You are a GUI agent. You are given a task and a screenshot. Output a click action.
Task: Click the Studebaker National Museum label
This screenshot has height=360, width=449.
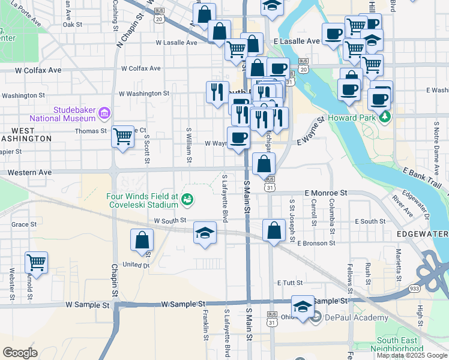(x=75, y=114)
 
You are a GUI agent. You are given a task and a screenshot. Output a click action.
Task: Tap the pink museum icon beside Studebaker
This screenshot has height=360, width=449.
(x=104, y=112)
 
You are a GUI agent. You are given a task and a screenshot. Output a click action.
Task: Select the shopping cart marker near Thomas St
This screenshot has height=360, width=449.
(x=122, y=136)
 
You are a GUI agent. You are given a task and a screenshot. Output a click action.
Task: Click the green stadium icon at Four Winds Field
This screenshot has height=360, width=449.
(x=188, y=199)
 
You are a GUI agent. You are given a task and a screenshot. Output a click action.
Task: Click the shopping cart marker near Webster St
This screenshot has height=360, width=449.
(x=36, y=262)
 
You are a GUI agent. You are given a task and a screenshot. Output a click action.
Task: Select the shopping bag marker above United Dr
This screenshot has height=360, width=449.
(x=141, y=240)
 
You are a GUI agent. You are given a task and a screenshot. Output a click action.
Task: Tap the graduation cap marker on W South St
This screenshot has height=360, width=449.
(x=205, y=232)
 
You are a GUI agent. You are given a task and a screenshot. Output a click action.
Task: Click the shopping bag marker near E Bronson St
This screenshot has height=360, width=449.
(x=274, y=230)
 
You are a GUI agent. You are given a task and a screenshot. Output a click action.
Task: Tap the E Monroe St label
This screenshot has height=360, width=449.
(x=326, y=193)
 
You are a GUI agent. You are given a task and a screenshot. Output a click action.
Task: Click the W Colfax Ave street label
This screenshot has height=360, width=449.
(x=38, y=70)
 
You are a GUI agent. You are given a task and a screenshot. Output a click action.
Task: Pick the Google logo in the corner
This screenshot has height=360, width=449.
(x=20, y=353)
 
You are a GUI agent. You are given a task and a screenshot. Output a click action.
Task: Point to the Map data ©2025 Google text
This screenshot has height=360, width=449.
(x=412, y=356)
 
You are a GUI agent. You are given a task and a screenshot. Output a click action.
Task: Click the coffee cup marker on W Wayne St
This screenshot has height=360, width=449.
(x=238, y=137)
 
